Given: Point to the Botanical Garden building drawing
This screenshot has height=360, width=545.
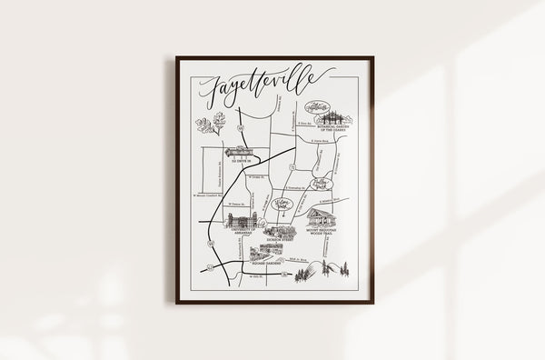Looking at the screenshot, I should [x=333, y=117].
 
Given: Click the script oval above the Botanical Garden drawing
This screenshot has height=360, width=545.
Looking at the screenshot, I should [x=317, y=106].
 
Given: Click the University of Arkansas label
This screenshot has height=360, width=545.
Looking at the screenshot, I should [x=233, y=232].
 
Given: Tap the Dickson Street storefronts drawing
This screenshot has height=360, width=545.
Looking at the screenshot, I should [x=280, y=231].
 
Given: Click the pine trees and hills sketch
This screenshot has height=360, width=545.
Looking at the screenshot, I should [x=328, y=269].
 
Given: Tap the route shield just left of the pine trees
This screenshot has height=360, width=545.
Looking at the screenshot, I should [x=286, y=273].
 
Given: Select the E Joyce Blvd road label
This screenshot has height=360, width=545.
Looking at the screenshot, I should [x=317, y=142].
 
